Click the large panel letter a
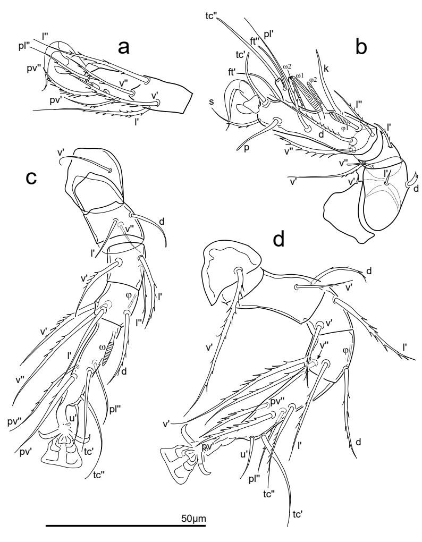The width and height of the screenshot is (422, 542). pos(124,48)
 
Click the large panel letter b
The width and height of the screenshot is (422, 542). pos(361,47)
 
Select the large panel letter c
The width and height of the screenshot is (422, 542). pos(31,177)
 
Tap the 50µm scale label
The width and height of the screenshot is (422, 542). pos(193,519)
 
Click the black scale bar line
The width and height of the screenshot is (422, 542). pos(126,526)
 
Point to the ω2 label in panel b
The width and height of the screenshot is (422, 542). pos(287,66)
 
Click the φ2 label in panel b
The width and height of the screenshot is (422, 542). pos(313,80)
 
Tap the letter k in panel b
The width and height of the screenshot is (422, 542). pos(326,69)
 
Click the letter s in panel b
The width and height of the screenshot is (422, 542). pos(212,102)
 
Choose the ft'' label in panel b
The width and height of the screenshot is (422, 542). pos(256,41)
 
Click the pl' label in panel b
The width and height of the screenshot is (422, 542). pos(268,35)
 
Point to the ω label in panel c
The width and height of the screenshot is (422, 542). pos(102,346)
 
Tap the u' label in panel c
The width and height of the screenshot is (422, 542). pos(73,418)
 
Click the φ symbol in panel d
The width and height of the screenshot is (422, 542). pos(345,350)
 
